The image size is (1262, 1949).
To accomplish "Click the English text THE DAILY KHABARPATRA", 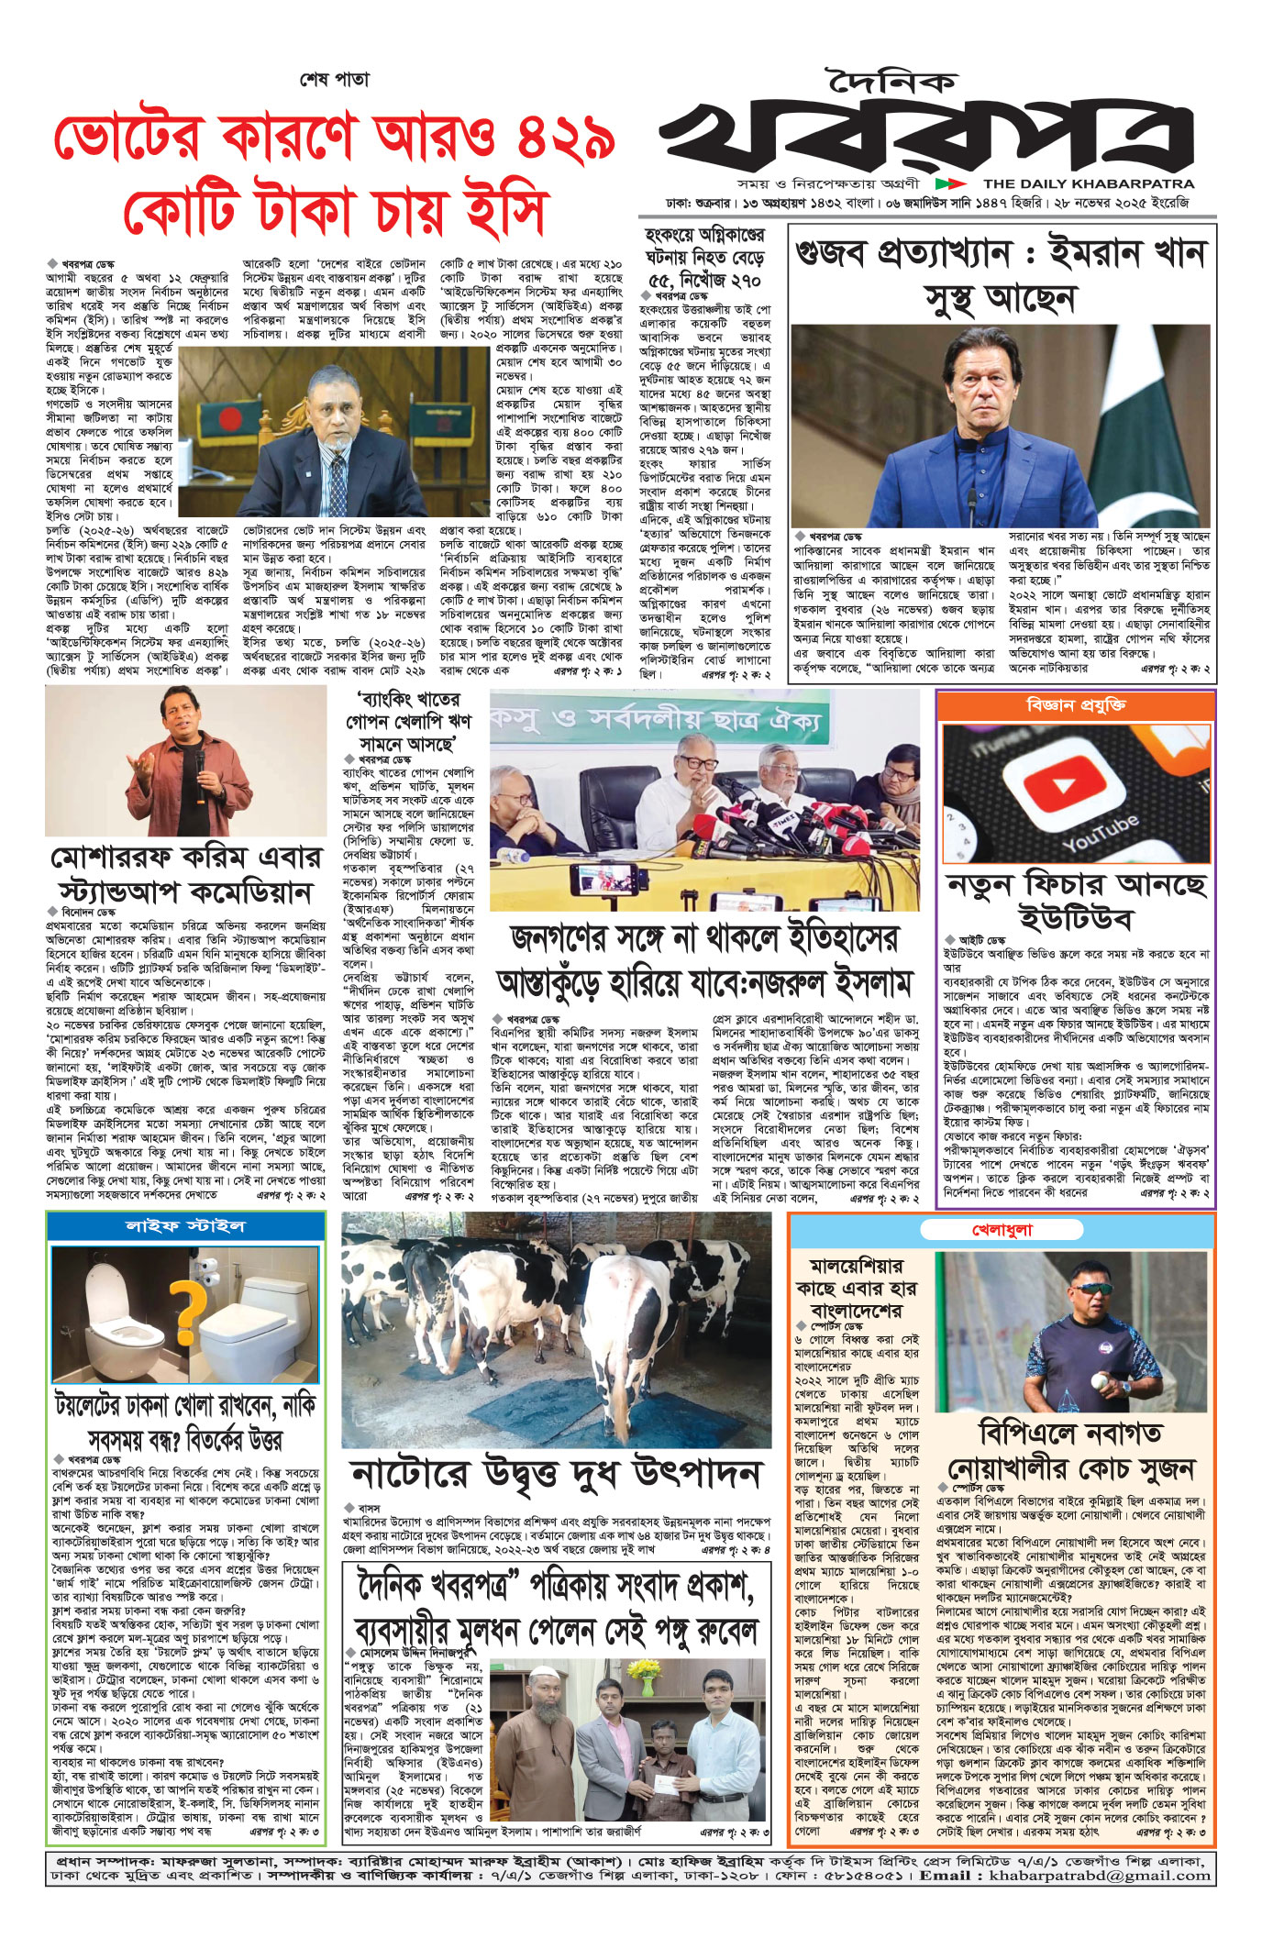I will click(x=1089, y=183).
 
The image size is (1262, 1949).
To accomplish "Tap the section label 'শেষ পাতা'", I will click(x=335, y=80).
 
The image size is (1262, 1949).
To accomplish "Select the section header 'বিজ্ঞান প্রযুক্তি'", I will click(x=1076, y=705).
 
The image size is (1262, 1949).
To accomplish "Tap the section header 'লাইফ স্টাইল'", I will click(x=185, y=1225).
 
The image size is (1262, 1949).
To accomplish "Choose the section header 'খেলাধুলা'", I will click(x=1002, y=1230).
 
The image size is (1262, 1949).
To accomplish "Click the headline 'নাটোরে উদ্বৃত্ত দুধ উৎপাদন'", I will click(x=556, y=1475).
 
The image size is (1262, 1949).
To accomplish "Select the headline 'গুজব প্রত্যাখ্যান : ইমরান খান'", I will click(x=1001, y=253).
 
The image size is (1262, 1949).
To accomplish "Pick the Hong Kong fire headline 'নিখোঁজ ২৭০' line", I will click(x=704, y=280).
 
